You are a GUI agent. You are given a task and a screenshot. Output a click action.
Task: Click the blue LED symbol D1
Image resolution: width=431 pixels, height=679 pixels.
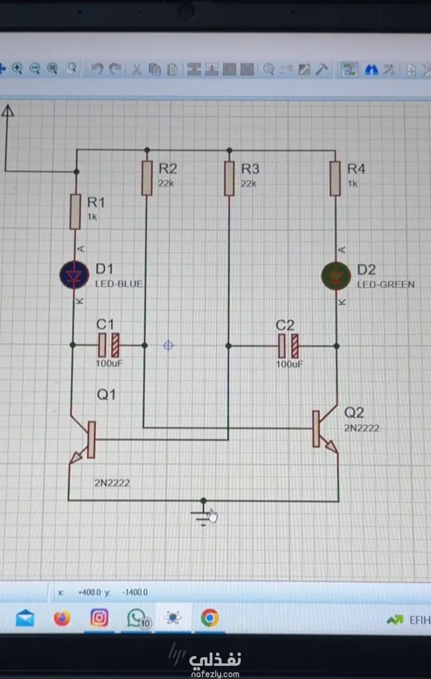pyautogui.click(x=74, y=274)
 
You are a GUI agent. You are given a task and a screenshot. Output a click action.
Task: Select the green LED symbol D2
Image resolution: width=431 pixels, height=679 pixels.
pyautogui.click(x=337, y=276)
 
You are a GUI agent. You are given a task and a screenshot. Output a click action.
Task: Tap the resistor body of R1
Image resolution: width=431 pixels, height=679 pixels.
pyautogui.click(x=75, y=212)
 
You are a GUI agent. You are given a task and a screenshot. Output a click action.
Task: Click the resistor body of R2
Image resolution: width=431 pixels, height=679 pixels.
pyautogui.click(x=147, y=178)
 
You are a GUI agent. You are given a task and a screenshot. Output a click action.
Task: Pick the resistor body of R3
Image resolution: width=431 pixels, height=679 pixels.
pyautogui.click(x=229, y=179)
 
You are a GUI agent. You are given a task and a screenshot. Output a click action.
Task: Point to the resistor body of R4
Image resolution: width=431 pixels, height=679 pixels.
pyautogui.click(x=335, y=179)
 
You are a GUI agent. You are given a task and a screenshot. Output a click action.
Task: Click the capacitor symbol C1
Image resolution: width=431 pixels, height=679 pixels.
pyautogui.click(x=109, y=345)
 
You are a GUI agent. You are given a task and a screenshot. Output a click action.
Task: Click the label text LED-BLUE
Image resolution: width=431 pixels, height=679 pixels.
pyautogui.click(x=119, y=284)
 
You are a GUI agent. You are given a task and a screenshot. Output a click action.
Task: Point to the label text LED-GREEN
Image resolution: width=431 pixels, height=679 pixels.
pyautogui.click(x=385, y=285)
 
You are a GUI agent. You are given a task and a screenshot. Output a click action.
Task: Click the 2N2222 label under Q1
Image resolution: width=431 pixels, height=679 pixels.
pyautogui.click(x=112, y=483)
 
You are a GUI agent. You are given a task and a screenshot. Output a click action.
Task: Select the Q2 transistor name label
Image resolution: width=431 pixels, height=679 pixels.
pyautogui.click(x=354, y=412)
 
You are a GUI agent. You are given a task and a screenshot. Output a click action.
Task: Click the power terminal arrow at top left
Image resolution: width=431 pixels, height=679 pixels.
pyautogui.click(x=7, y=111)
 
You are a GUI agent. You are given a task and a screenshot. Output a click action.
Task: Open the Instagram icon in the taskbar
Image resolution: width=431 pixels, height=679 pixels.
pyautogui.click(x=99, y=618)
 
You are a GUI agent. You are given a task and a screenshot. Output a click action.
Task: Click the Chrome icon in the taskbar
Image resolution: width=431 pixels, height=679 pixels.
pyautogui.click(x=210, y=618)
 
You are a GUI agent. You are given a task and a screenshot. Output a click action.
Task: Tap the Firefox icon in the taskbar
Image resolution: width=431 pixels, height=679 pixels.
pyautogui.click(x=62, y=618)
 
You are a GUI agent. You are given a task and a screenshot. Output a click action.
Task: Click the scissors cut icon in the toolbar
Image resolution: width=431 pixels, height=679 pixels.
pyautogui.click(x=137, y=69)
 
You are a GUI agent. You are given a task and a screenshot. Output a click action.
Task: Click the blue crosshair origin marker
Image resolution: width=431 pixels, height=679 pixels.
pyautogui.click(x=168, y=346)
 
